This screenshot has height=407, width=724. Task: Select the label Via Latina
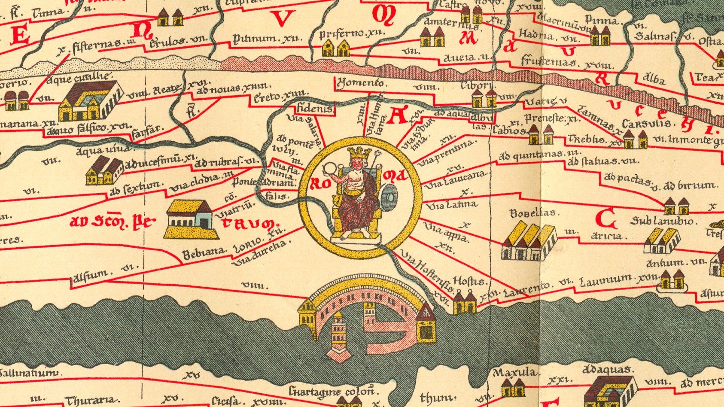[x=451, y=205]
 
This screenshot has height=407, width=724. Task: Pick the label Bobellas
[x=532, y=213]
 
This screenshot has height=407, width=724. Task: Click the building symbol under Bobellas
[x=529, y=242]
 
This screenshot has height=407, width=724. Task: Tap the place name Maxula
[x=514, y=372]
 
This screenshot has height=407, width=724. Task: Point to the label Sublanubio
[x=662, y=221]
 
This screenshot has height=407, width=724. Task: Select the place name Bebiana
[x=204, y=253]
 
